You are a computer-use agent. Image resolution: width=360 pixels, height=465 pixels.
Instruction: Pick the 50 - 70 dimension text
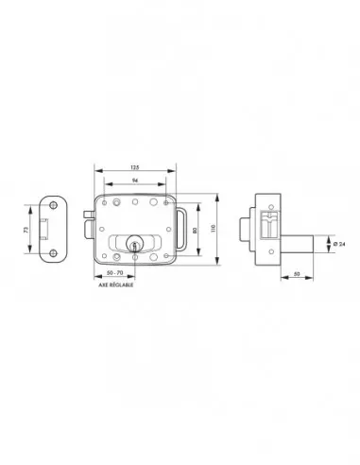pos(115,273)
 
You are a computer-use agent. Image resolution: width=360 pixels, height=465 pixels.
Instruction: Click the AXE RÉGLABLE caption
pos(115,284)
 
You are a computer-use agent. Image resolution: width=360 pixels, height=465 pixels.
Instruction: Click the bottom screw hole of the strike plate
pos(52,252)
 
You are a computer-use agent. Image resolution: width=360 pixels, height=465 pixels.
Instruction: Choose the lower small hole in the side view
pos(262,257)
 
